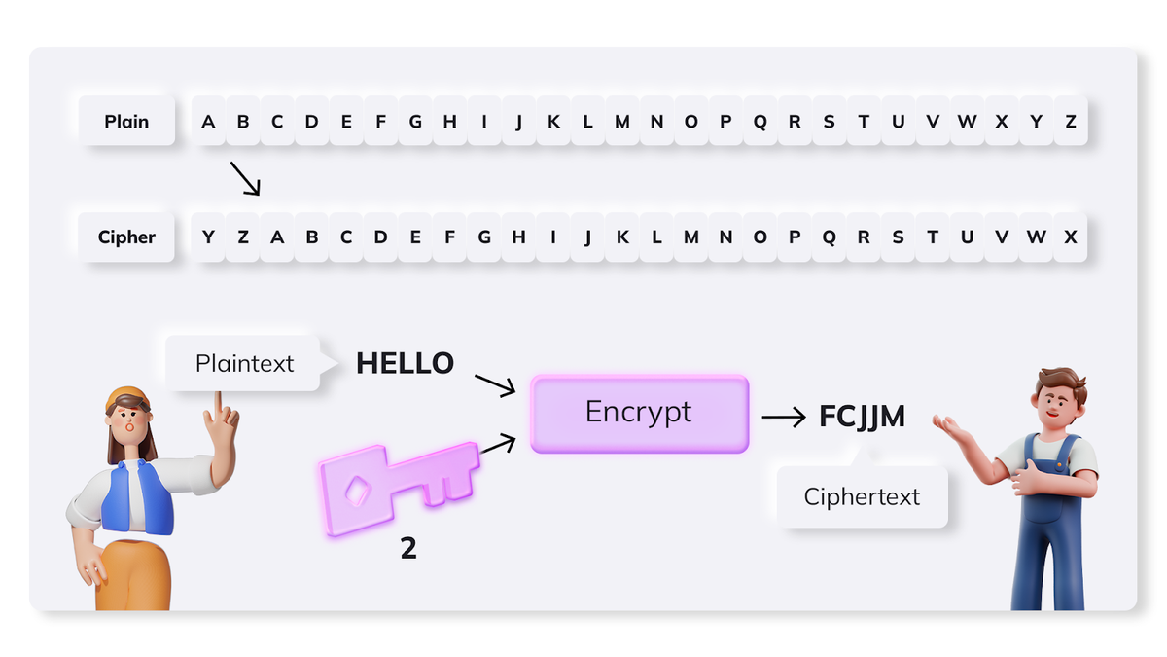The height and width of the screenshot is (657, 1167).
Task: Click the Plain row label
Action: click(126, 121)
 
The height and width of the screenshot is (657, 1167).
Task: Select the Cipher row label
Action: click(126, 237)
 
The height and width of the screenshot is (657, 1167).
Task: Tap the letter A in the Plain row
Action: click(208, 122)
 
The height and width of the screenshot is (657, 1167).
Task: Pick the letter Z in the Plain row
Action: click(1071, 122)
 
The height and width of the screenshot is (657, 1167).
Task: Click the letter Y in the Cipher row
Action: click(208, 237)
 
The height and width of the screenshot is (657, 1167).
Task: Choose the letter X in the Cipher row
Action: click(1070, 237)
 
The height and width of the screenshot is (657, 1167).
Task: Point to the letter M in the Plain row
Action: click(622, 122)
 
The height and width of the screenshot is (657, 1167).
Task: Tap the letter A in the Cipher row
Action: click(277, 237)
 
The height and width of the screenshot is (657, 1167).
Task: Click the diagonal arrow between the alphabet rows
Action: click(245, 179)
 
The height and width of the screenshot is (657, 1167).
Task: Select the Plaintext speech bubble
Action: click(244, 363)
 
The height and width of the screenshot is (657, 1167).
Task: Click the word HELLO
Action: click(405, 363)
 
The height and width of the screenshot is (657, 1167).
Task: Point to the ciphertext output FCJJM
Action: click(863, 417)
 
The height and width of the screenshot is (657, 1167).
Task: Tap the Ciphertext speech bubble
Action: click(863, 495)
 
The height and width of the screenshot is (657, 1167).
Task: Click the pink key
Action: click(399, 488)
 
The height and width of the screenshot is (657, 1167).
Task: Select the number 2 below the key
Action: click(408, 548)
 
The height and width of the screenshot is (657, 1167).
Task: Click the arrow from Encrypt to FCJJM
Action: click(784, 418)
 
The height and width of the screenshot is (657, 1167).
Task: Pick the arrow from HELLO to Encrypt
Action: click(495, 385)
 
